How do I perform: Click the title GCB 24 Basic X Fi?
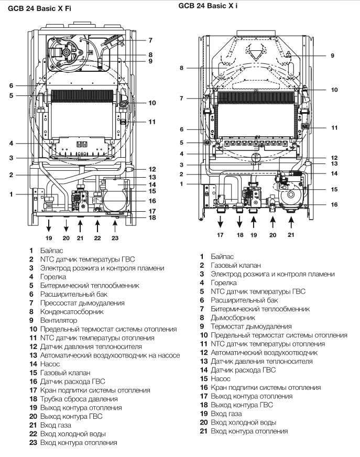click(x=39, y=8)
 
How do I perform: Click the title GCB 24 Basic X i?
click(x=208, y=6)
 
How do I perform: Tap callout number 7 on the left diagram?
click(x=150, y=40)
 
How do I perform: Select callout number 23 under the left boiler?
click(x=115, y=238)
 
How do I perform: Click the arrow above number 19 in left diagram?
click(x=49, y=226)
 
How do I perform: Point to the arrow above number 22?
click(x=97, y=226)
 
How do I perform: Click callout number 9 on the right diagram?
click(x=332, y=56)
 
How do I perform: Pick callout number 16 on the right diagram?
click(x=334, y=204)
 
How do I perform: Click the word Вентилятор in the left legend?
click(x=59, y=320)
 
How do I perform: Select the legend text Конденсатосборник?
click(x=72, y=311)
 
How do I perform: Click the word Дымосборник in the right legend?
click(x=233, y=318)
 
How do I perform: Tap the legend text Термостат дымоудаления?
click(x=252, y=327)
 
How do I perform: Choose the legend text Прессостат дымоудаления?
click(x=82, y=303)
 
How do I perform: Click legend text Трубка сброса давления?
click(x=79, y=399)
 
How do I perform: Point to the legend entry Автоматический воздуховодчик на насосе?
click(x=110, y=355)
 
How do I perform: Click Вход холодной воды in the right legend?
click(x=243, y=422)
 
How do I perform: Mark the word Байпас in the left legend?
click(x=51, y=251)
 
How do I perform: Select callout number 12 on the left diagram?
click(x=152, y=169)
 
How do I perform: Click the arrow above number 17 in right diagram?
click(x=221, y=222)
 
